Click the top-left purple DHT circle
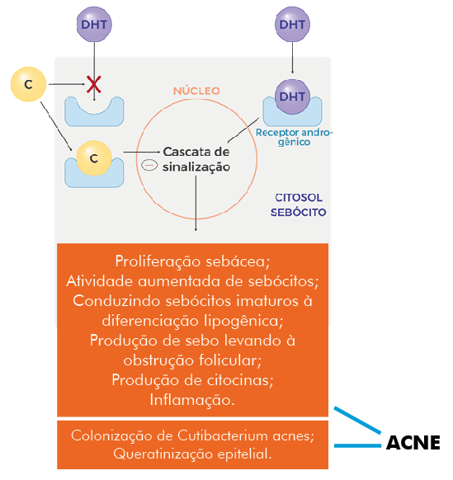point(94,24)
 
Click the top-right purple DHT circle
point(292,24)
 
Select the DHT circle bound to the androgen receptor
point(292,96)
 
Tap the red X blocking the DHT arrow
point(94,84)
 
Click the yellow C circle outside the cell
point(29,84)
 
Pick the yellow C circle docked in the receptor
point(94,158)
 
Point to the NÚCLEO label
point(196,91)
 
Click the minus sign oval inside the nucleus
point(149,165)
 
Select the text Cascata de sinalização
point(196,159)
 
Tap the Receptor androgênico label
point(294,137)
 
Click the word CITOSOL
point(299,198)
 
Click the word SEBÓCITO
point(298,212)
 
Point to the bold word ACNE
point(413,443)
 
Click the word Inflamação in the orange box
point(192,400)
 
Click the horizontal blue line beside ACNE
point(357,445)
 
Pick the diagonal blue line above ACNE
point(357,420)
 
